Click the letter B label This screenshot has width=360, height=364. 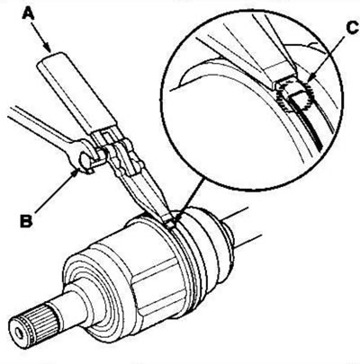[27, 220]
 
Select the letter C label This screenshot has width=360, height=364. [352, 29]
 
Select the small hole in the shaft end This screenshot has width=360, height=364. [20, 333]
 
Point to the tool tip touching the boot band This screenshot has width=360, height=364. [169, 223]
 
